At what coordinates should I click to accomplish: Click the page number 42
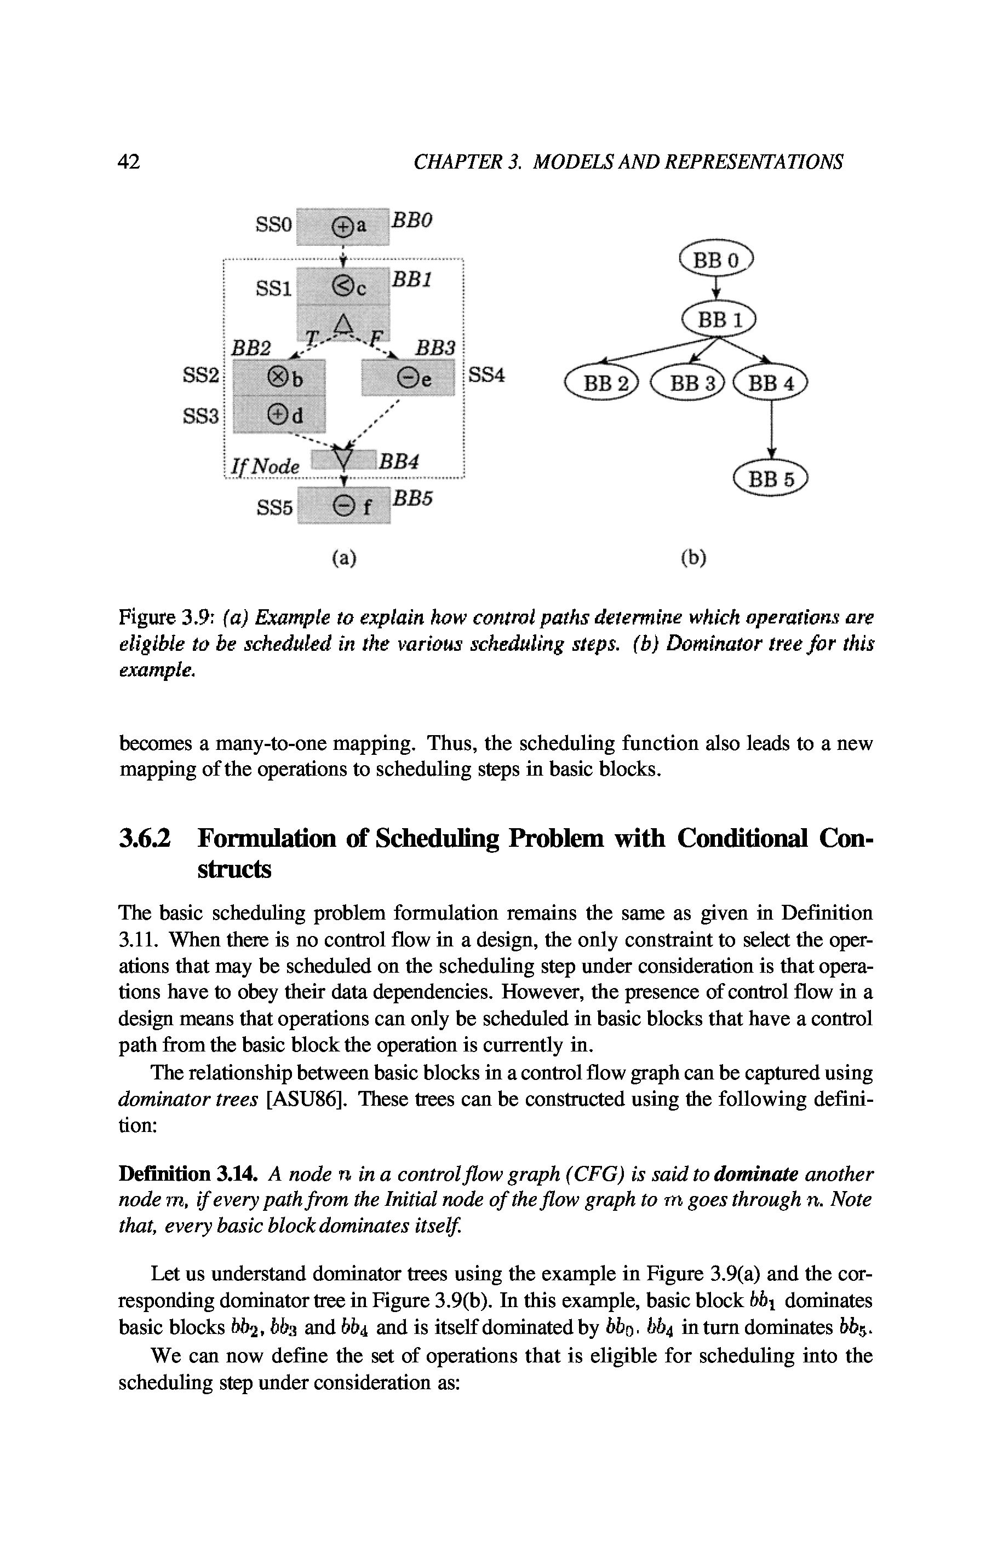(129, 161)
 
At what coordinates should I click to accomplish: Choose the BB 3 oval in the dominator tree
(689, 384)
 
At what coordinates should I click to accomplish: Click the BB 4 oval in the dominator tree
(771, 384)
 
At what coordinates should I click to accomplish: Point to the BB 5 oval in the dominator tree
(771, 479)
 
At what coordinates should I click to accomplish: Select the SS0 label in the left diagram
(274, 225)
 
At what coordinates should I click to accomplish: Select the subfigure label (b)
(693, 558)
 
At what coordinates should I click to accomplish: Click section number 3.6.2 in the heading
(145, 839)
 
